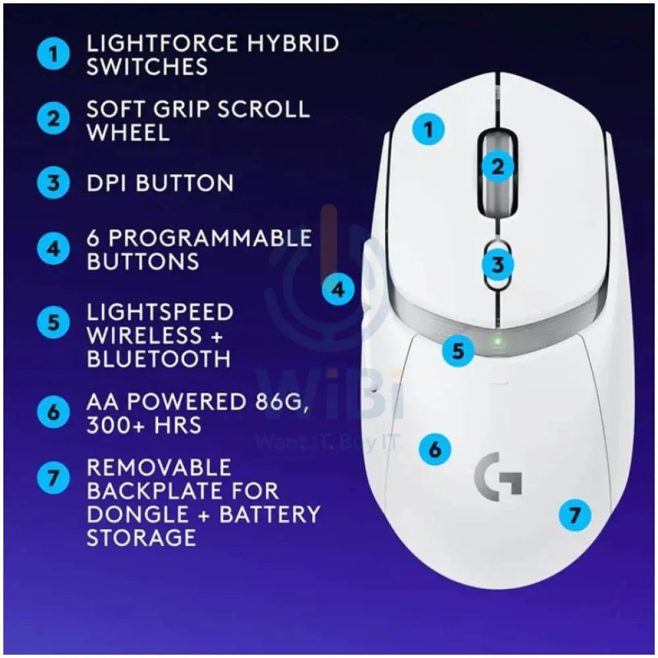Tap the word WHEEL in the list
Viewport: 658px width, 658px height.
point(128,132)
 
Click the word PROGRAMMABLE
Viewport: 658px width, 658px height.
point(211,238)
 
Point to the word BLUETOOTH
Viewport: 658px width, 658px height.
point(159,359)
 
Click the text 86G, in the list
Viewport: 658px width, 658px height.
point(279,402)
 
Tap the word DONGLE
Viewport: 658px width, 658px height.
point(138,515)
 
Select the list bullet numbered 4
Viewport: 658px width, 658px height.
point(53,249)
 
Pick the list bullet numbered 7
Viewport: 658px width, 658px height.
point(53,478)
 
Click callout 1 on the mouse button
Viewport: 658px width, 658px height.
point(428,129)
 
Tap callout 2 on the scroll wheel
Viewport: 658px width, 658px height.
point(497,167)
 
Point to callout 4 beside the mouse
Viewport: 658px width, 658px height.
point(338,289)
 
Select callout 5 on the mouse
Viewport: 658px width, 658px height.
point(458,350)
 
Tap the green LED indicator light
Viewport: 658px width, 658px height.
point(497,340)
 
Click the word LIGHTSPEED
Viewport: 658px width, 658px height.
point(160,312)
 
